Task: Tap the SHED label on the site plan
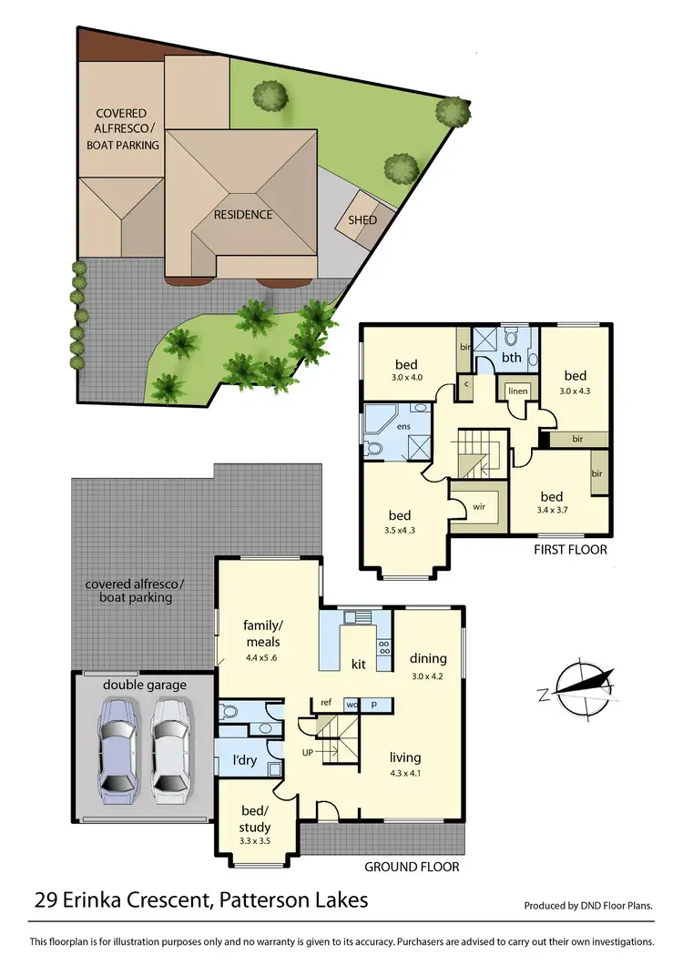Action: click(362, 219)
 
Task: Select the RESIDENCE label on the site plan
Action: click(243, 215)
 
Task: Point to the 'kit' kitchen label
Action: click(359, 664)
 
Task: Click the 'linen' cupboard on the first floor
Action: click(517, 391)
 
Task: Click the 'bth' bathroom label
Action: click(512, 358)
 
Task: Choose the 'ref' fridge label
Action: click(325, 703)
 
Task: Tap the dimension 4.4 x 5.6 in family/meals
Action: click(261, 657)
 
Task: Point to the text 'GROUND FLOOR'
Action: click(413, 867)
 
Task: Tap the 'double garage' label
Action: click(144, 685)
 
